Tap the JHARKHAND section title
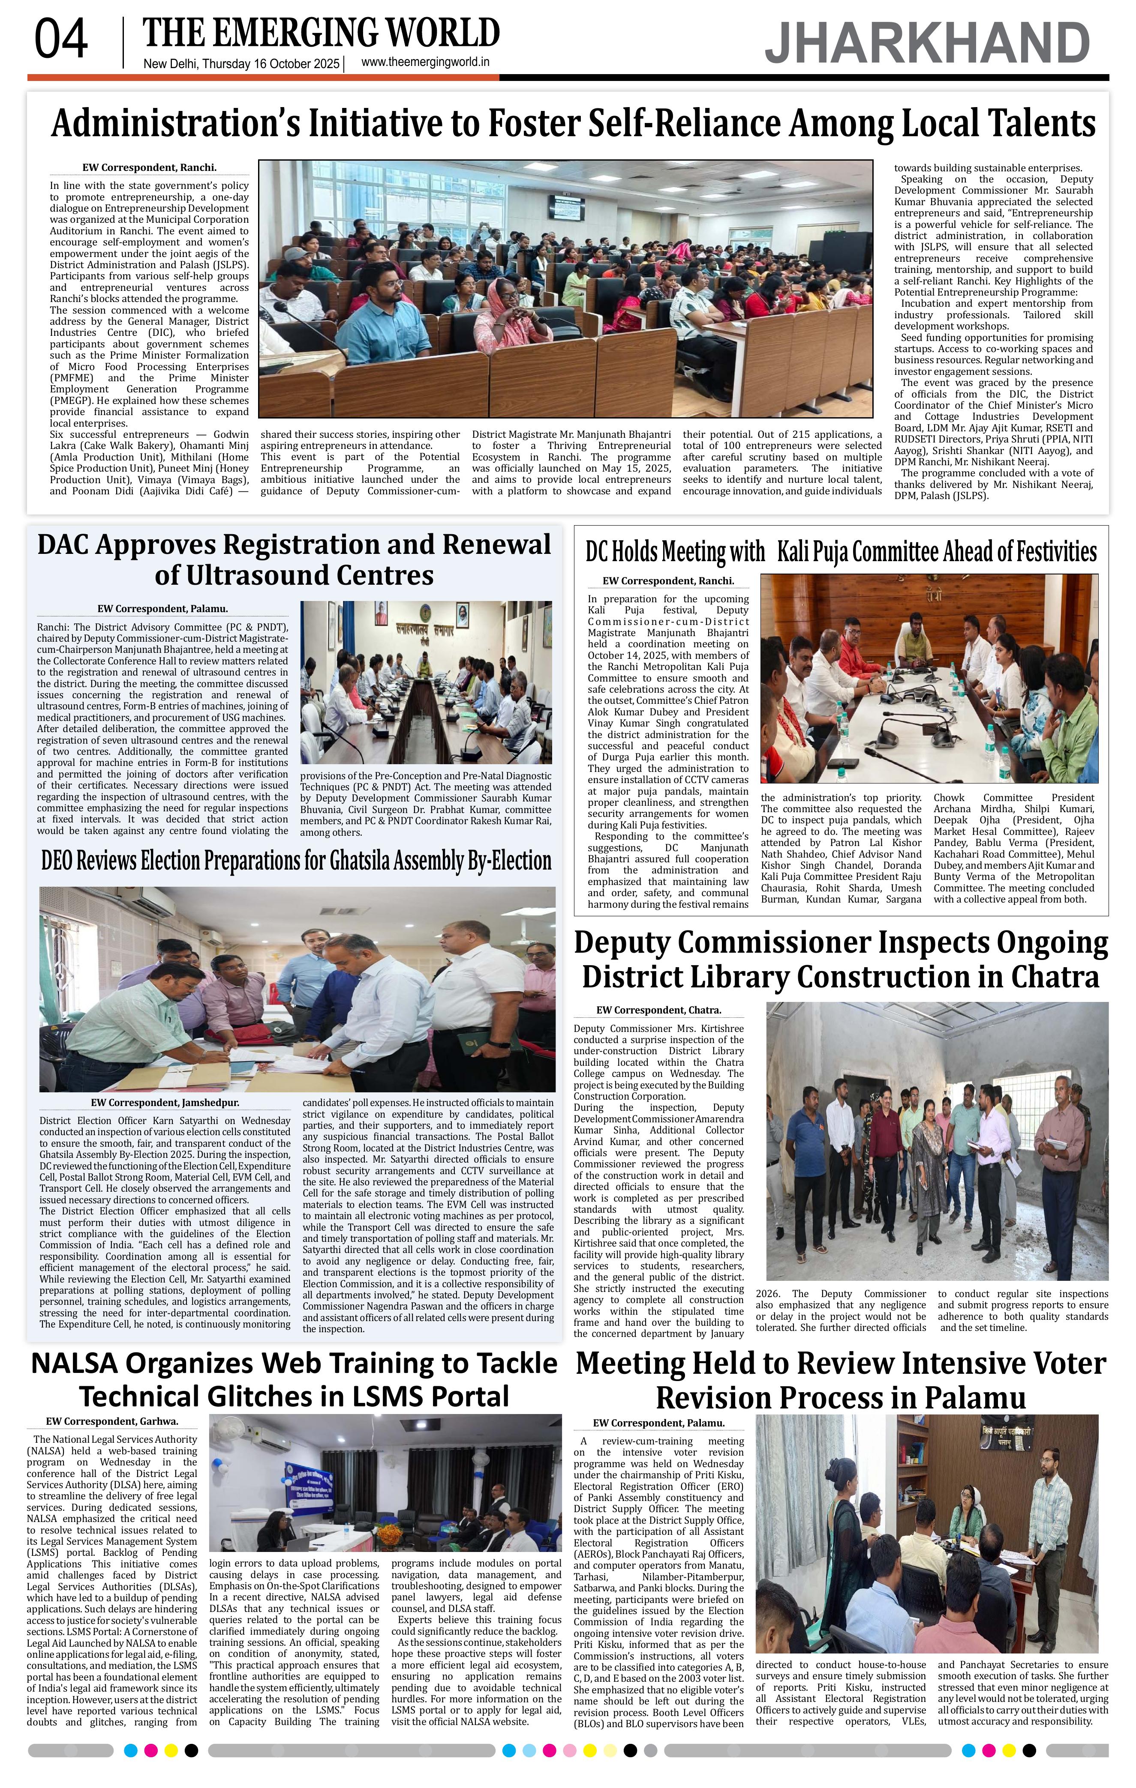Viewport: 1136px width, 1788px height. [927, 43]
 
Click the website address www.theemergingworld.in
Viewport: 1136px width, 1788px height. [425, 63]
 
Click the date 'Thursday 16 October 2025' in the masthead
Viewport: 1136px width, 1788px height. [270, 64]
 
